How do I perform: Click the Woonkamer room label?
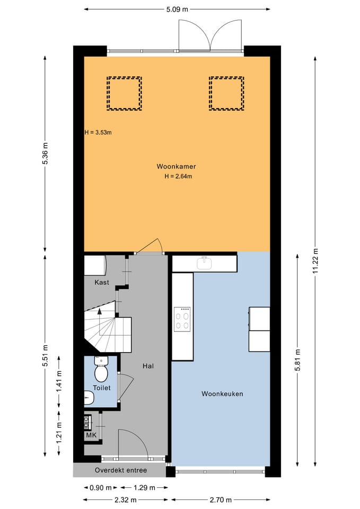tap(176, 166)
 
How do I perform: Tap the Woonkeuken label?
tap(222, 394)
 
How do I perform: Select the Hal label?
tap(148, 366)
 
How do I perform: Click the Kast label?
tap(102, 282)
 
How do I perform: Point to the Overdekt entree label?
tap(121, 470)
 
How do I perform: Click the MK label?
tap(91, 435)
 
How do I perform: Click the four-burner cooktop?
tap(182, 319)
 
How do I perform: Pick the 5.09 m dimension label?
tap(177, 9)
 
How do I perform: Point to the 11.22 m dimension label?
tap(315, 261)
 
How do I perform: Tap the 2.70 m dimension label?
tap(221, 499)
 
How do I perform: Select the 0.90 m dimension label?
tap(101, 488)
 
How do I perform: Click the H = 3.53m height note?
tap(98, 133)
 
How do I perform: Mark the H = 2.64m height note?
tap(178, 177)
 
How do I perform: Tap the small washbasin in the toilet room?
tap(89, 398)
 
